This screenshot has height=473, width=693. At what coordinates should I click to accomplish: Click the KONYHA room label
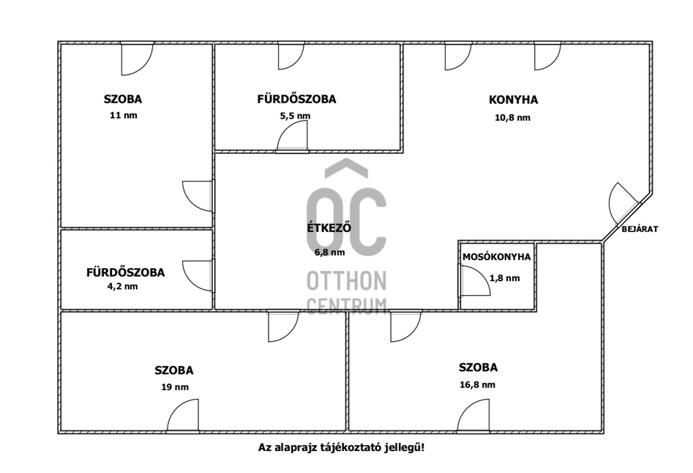click(x=513, y=100)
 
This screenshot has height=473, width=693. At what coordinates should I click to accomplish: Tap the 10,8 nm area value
click(x=513, y=117)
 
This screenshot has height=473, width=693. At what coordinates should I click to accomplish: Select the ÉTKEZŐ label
click(x=329, y=228)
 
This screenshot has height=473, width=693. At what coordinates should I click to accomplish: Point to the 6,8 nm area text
click(x=329, y=252)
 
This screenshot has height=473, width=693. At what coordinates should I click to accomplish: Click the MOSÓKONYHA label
click(x=496, y=257)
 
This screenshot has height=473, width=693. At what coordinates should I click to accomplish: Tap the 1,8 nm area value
click(x=505, y=278)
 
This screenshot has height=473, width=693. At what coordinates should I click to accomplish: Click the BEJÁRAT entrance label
click(x=640, y=229)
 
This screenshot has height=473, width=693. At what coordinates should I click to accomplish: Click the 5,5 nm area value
click(x=295, y=116)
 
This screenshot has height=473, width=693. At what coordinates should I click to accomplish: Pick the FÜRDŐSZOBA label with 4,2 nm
click(x=125, y=272)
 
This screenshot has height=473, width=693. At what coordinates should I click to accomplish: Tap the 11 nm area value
click(x=123, y=116)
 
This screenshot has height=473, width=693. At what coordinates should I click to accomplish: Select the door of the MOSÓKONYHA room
click(x=473, y=280)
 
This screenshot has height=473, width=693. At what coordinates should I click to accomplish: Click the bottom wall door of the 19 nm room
click(x=183, y=418)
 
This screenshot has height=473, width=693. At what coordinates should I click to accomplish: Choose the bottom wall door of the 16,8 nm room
click(x=473, y=418)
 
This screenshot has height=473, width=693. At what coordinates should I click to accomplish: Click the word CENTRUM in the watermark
click(x=346, y=305)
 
